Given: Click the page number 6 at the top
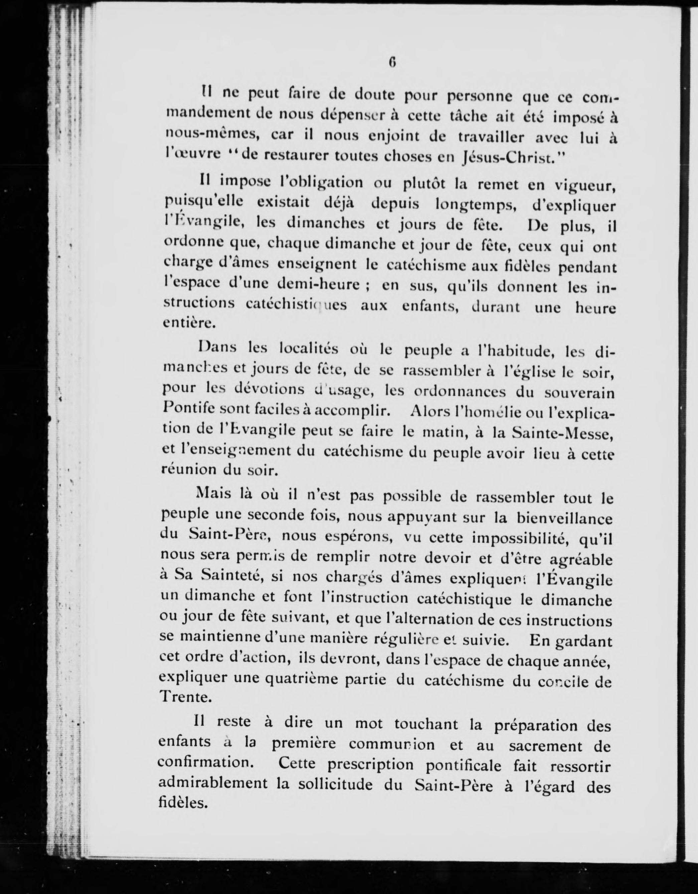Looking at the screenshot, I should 392,62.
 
